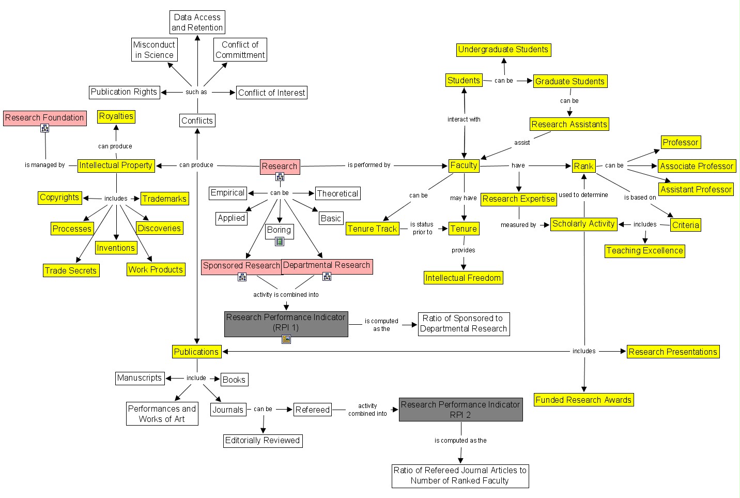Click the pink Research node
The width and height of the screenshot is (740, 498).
pyautogui.click(x=280, y=167)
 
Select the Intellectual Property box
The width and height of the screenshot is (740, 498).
pyautogui.click(x=116, y=165)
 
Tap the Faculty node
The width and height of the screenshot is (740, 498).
pyautogui.click(x=464, y=165)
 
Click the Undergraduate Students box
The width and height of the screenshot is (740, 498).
pyautogui.click(x=503, y=50)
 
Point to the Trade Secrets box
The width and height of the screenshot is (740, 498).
pyautogui.click(x=71, y=270)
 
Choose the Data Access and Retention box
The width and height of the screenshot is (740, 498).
pyautogui.click(x=197, y=23)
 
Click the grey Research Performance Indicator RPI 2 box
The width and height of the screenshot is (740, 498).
pyautogui.click(x=460, y=410)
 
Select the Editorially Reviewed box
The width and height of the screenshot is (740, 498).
pyautogui.click(x=263, y=441)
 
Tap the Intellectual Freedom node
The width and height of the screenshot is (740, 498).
pyautogui.click(x=463, y=278)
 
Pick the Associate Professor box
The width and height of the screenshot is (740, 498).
pyautogui.click(x=697, y=166)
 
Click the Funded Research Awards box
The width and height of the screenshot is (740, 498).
pyautogui.click(x=583, y=400)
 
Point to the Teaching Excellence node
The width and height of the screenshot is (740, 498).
pyautogui.click(x=644, y=251)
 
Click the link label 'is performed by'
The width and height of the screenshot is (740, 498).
pyautogui.click(x=369, y=165)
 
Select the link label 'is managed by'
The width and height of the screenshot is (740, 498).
pyautogui.click(x=45, y=165)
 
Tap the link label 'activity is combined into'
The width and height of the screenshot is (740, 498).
pyautogui.click(x=286, y=295)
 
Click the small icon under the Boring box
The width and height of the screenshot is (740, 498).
pyautogui.click(x=280, y=241)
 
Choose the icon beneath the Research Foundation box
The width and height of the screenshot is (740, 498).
pyautogui.click(x=45, y=128)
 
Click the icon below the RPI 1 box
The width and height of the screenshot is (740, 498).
pyautogui.click(x=286, y=339)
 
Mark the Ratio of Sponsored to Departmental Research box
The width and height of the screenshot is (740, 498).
pyautogui.click(x=464, y=324)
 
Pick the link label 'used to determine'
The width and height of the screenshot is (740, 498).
pyautogui.click(x=583, y=195)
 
